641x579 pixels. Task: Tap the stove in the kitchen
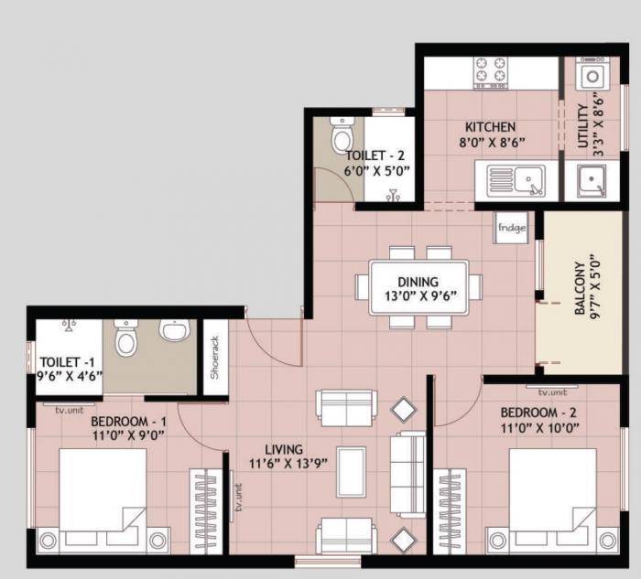click(x=490, y=73)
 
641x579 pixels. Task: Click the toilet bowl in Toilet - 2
click(x=342, y=138)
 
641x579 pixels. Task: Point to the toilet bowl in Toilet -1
click(x=127, y=341)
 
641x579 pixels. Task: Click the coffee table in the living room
click(x=351, y=471)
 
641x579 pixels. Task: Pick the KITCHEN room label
click(x=490, y=127)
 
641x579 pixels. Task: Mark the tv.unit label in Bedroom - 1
click(x=70, y=409)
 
